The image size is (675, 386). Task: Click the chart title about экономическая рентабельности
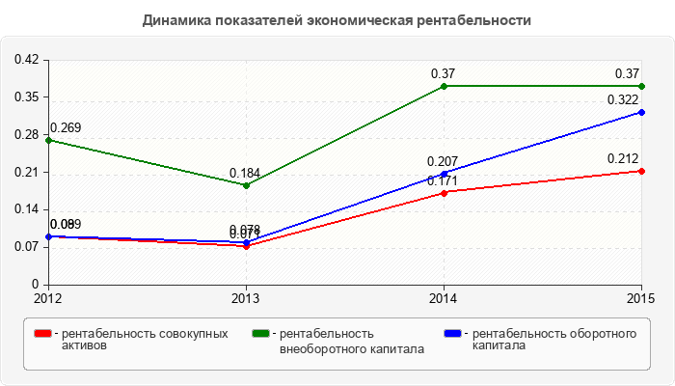pyautogui.click(x=337, y=20)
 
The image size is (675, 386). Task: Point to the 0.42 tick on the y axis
pyautogui.click(x=26, y=60)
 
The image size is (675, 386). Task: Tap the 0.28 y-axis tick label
pyautogui.click(x=26, y=135)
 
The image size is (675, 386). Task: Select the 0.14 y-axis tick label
pyautogui.click(x=26, y=209)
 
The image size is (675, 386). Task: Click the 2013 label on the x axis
pyautogui.click(x=246, y=298)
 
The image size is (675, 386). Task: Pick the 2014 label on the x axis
pyautogui.click(x=444, y=298)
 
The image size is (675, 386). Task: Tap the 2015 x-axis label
pyautogui.click(x=640, y=298)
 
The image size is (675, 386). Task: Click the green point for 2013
pyautogui.click(x=246, y=185)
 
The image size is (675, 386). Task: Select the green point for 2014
pyautogui.click(x=444, y=86)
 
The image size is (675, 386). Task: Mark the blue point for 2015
pyautogui.click(x=641, y=112)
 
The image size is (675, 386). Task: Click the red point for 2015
pyautogui.click(x=641, y=171)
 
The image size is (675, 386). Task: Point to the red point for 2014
pyautogui.click(x=444, y=193)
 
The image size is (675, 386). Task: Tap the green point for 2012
pyautogui.click(x=48, y=140)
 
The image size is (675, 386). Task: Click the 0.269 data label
pyautogui.click(x=65, y=127)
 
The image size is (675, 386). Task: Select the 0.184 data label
pyautogui.click(x=245, y=173)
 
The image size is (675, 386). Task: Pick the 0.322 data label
pyautogui.click(x=623, y=100)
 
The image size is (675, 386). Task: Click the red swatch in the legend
pyautogui.click(x=42, y=334)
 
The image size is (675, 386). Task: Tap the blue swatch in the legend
pyautogui.click(x=451, y=334)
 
